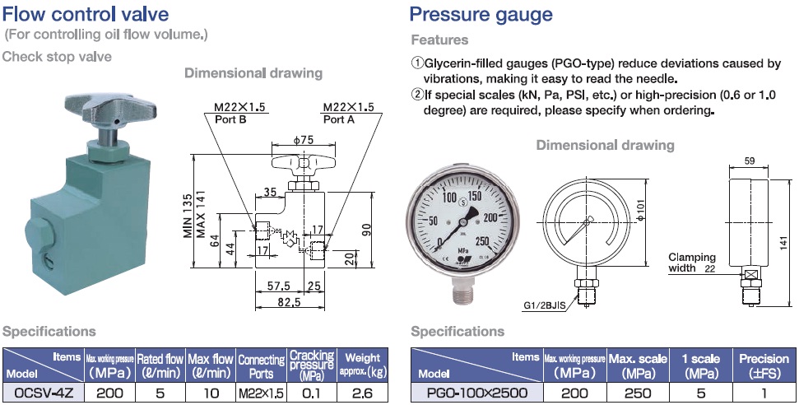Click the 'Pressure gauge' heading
pos(481,14)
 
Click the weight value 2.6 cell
pos(362,393)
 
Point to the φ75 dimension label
pos(302,140)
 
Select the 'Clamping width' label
pos(691,263)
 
